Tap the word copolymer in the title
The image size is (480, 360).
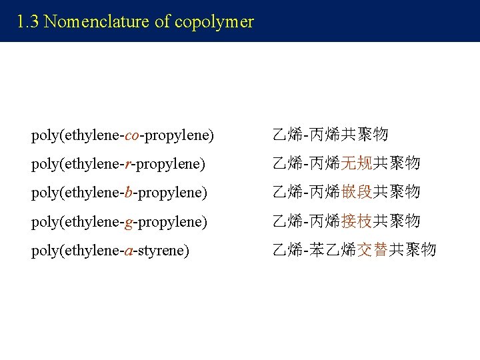pos(214,22)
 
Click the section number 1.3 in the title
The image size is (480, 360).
pos(29,22)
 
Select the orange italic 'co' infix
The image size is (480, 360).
pos(132,135)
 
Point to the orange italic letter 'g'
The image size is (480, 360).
pos(129,221)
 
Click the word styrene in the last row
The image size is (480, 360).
pos(163,251)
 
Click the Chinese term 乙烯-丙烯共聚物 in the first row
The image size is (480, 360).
pos(330,135)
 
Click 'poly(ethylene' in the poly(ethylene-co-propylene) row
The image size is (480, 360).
pos(75,135)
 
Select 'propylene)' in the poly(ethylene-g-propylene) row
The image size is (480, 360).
pos(173,221)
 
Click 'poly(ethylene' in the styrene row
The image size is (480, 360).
pos(75,251)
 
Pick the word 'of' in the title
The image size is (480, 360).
pos(163,22)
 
